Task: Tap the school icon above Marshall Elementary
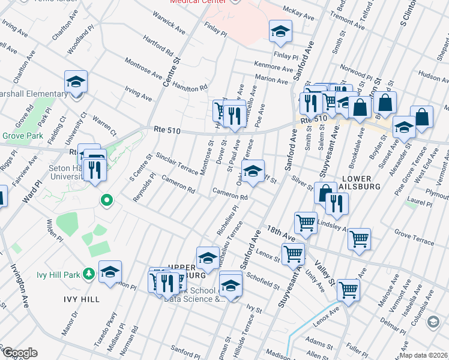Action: coord(76,82)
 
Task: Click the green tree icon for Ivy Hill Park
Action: coord(89,274)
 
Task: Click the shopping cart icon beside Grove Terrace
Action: coord(359,239)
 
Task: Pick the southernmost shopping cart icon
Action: coord(348,290)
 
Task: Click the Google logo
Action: coord(20,353)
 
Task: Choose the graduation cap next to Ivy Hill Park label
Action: coord(110,272)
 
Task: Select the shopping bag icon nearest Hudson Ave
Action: coord(422,118)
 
